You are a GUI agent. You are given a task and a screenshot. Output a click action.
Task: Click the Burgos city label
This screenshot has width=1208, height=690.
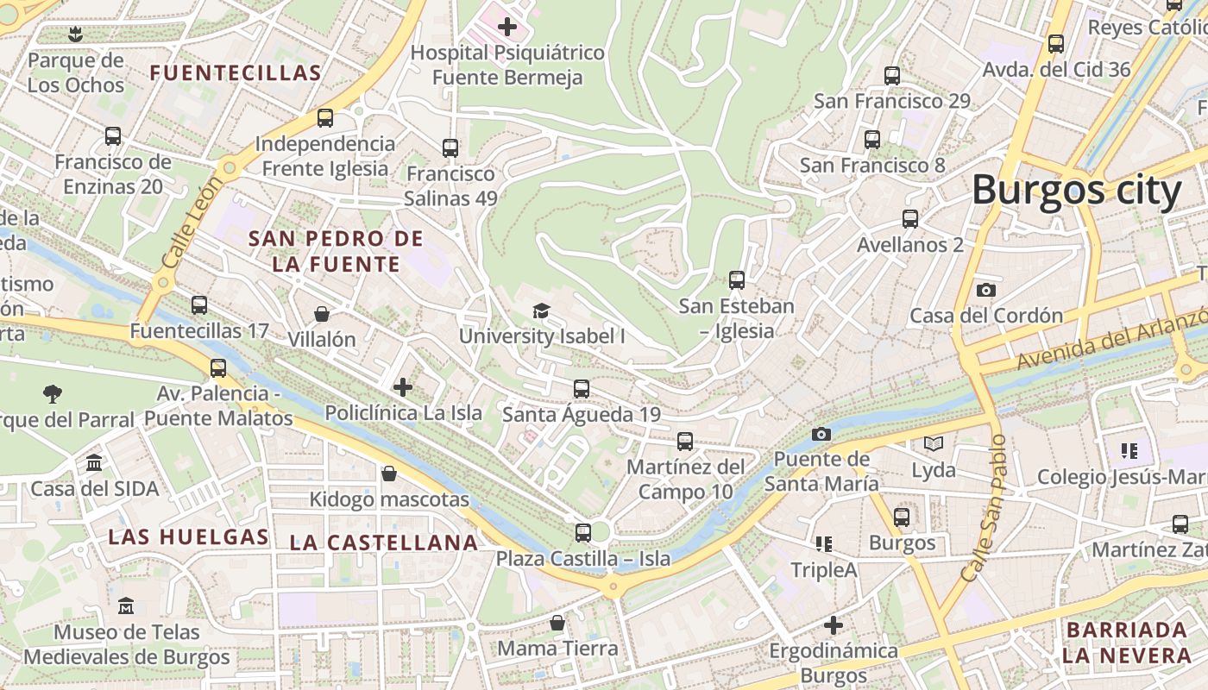[1076, 191]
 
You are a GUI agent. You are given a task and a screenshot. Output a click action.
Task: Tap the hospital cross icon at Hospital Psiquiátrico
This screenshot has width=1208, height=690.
[507, 27]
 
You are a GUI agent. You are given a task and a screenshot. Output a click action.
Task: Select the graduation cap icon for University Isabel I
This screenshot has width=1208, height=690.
[541, 310]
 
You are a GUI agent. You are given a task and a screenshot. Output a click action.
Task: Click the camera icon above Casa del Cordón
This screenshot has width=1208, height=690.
[986, 290]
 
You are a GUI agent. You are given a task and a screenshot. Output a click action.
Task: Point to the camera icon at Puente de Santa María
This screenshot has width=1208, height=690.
[821, 434]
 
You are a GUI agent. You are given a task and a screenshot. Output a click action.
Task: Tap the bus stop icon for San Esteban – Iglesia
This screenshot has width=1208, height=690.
[736, 280]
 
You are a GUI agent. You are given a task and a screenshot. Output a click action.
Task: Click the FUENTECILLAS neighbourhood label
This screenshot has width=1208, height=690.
[236, 73]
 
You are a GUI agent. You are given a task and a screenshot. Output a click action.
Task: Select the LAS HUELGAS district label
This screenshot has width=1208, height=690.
[188, 537]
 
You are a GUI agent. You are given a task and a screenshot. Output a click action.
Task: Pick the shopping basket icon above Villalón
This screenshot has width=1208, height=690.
[322, 313]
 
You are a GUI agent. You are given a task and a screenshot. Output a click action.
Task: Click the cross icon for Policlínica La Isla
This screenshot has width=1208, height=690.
[403, 387]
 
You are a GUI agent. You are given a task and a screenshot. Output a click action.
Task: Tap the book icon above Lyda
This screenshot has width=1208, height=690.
[934, 444]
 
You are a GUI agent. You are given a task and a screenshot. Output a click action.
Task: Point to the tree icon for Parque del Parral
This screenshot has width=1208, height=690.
[53, 394]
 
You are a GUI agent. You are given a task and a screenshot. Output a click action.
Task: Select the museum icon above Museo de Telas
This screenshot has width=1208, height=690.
[126, 605]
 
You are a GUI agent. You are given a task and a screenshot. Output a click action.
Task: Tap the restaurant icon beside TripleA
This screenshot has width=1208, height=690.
[824, 544]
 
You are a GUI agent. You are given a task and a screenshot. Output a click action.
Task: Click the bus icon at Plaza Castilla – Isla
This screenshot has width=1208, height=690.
[583, 532]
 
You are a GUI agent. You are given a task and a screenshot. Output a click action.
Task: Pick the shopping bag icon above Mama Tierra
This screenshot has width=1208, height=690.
[557, 622]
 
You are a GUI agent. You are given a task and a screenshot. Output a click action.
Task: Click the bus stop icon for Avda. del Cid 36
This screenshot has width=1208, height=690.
[1056, 44]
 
